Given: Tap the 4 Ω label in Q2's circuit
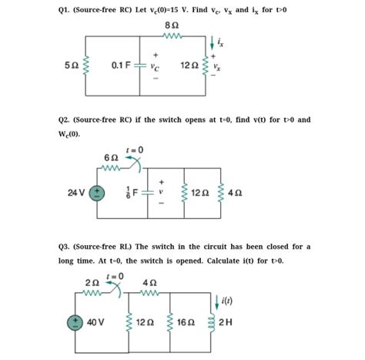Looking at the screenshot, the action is click(x=233, y=193).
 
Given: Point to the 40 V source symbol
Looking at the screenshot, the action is click(x=75, y=320).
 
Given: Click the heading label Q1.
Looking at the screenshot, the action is click(x=67, y=8).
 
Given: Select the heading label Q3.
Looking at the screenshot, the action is click(x=67, y=246).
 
